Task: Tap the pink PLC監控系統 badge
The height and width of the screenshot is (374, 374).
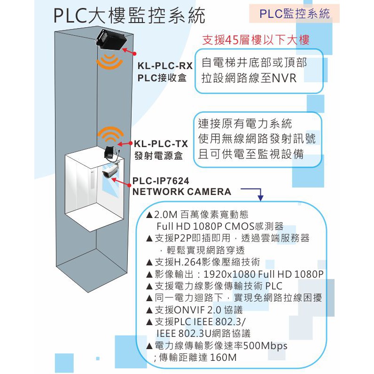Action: pos(295,14)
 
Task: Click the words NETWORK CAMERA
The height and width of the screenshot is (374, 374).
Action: pos(182,192)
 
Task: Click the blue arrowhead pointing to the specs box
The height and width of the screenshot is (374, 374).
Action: pos(261,198)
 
